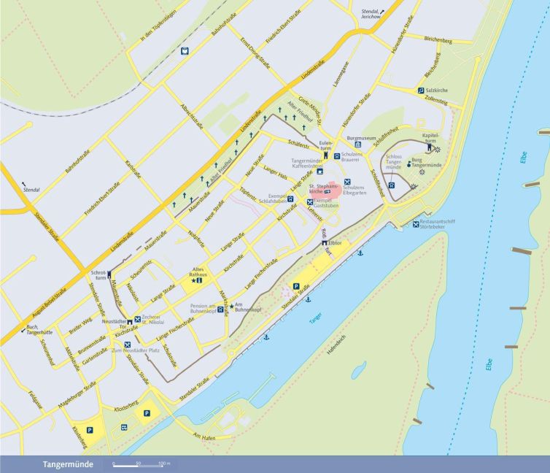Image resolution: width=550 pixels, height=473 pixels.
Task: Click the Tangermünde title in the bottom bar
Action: pos(67,464)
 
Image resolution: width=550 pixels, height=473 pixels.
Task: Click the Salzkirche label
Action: pos(441,90)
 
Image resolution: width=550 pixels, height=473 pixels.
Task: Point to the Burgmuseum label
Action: pos(361,138)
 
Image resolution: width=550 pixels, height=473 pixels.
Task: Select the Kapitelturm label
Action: pos(430,138)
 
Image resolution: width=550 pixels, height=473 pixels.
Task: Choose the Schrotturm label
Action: pos(98,275)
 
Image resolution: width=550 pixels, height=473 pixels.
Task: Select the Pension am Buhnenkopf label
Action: pos(202,308)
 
